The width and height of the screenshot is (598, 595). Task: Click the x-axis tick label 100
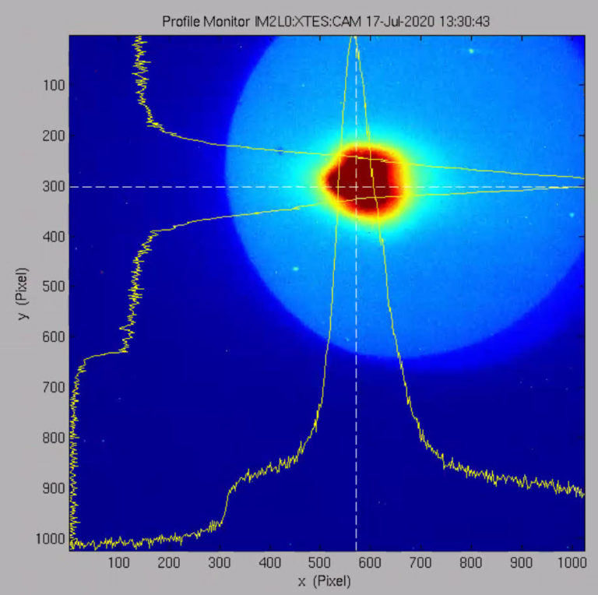pyautogui.click(x=119, y=562)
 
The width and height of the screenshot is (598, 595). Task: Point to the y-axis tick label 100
pyautogui.click(x=53, y=85)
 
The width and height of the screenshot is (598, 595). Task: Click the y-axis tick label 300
pyautogui.click(x=53, y=186)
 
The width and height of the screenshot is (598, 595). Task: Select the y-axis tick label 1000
pyautogui.click(x=50, y=538)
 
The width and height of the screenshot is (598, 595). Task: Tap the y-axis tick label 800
pyautogui.click(x=53, y=438)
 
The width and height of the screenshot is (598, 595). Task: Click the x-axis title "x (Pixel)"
pyautogui.click(x=324, y=581)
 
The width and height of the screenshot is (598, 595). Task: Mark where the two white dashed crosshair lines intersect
pyautogui.click(x=356, y=187)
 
